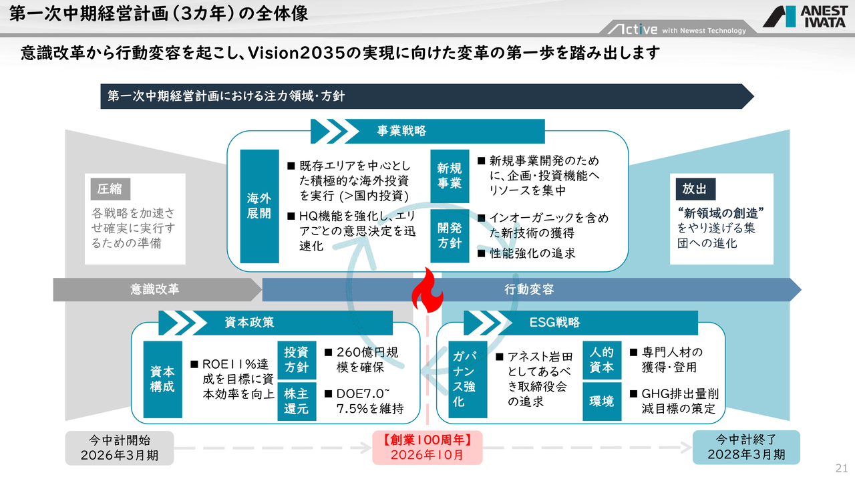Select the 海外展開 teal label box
pos(259,206)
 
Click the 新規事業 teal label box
pos(450,176)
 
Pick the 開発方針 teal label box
pos(450,235)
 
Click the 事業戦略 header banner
pos(427,131)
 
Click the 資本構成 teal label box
pos(162,379)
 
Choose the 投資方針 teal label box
pos(297,359)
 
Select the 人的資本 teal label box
pos(602,359)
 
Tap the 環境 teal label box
pos(602,401)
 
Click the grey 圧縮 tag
pos(110,189)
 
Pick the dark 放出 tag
pos(695,189)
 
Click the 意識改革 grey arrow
pos(157,289)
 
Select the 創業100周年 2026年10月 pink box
pos(427,447)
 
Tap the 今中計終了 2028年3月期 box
pos(746,447)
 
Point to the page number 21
pos(841,467)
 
